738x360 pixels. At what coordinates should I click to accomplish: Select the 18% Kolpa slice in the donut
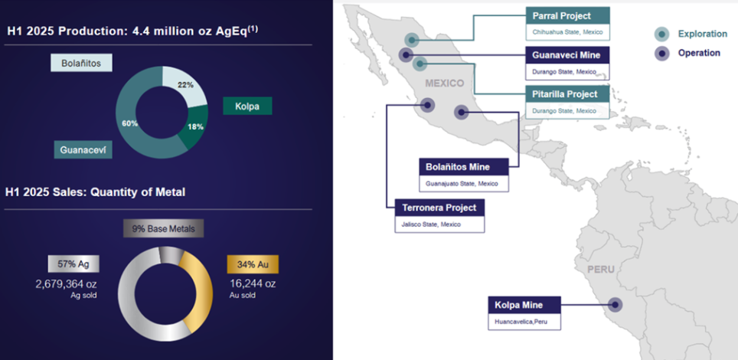(x=195, y=127)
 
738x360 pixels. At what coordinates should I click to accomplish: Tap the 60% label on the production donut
(x=130, y=123)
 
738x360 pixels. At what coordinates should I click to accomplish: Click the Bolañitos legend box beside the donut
(x=81, y=63)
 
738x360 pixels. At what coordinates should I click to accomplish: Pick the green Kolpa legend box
(x=247, y=106)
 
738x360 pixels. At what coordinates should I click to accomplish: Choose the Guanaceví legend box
(x=83, y=150)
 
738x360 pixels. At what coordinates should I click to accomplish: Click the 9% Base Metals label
(x=164, y=228)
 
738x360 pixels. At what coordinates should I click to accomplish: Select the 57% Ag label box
(x=73, y=264)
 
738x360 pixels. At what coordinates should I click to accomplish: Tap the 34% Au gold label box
(x=253, y=264)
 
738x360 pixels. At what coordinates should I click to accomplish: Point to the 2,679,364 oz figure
(x=67, y=284)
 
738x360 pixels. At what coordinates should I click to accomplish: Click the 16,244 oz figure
(x=253, y=283)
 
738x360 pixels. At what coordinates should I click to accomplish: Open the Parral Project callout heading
(x=567, y=15)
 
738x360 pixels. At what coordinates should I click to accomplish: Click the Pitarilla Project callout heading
(x=567, y=94)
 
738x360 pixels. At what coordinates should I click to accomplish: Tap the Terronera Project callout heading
(x=439, y=208)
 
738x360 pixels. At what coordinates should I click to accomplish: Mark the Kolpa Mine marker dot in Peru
(x=614, y=305)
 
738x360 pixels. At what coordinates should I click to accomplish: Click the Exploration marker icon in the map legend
(x=662, y=34)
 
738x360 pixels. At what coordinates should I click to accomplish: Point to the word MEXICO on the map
(x=445, y=83)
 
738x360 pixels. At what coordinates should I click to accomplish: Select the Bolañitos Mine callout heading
(x=464, y=167)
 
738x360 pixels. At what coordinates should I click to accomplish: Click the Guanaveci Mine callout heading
(x=567, y=55)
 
